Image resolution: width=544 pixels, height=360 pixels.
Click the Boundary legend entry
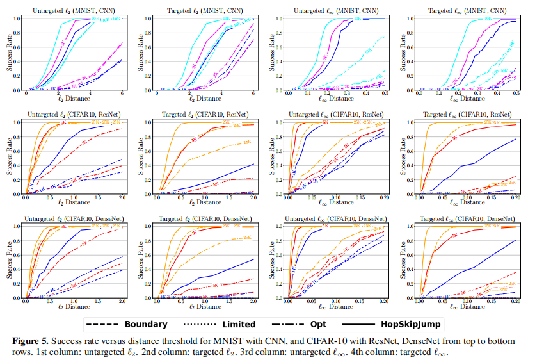pos(125,324)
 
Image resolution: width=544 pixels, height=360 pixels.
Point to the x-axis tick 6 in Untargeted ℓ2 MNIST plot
pos(121,94)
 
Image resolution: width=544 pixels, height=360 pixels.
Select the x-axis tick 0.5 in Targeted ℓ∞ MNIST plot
pos(516,94)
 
